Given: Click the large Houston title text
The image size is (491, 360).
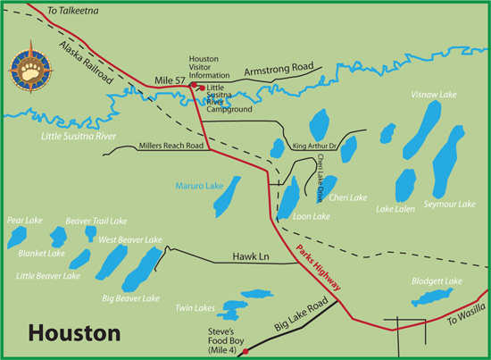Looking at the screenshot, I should pos(75,333).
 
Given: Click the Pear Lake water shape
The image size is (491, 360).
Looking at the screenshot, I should pos(16,237).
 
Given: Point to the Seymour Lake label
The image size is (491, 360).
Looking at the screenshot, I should pos(450,204).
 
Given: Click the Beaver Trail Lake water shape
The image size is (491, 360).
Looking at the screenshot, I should pos(90,232).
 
